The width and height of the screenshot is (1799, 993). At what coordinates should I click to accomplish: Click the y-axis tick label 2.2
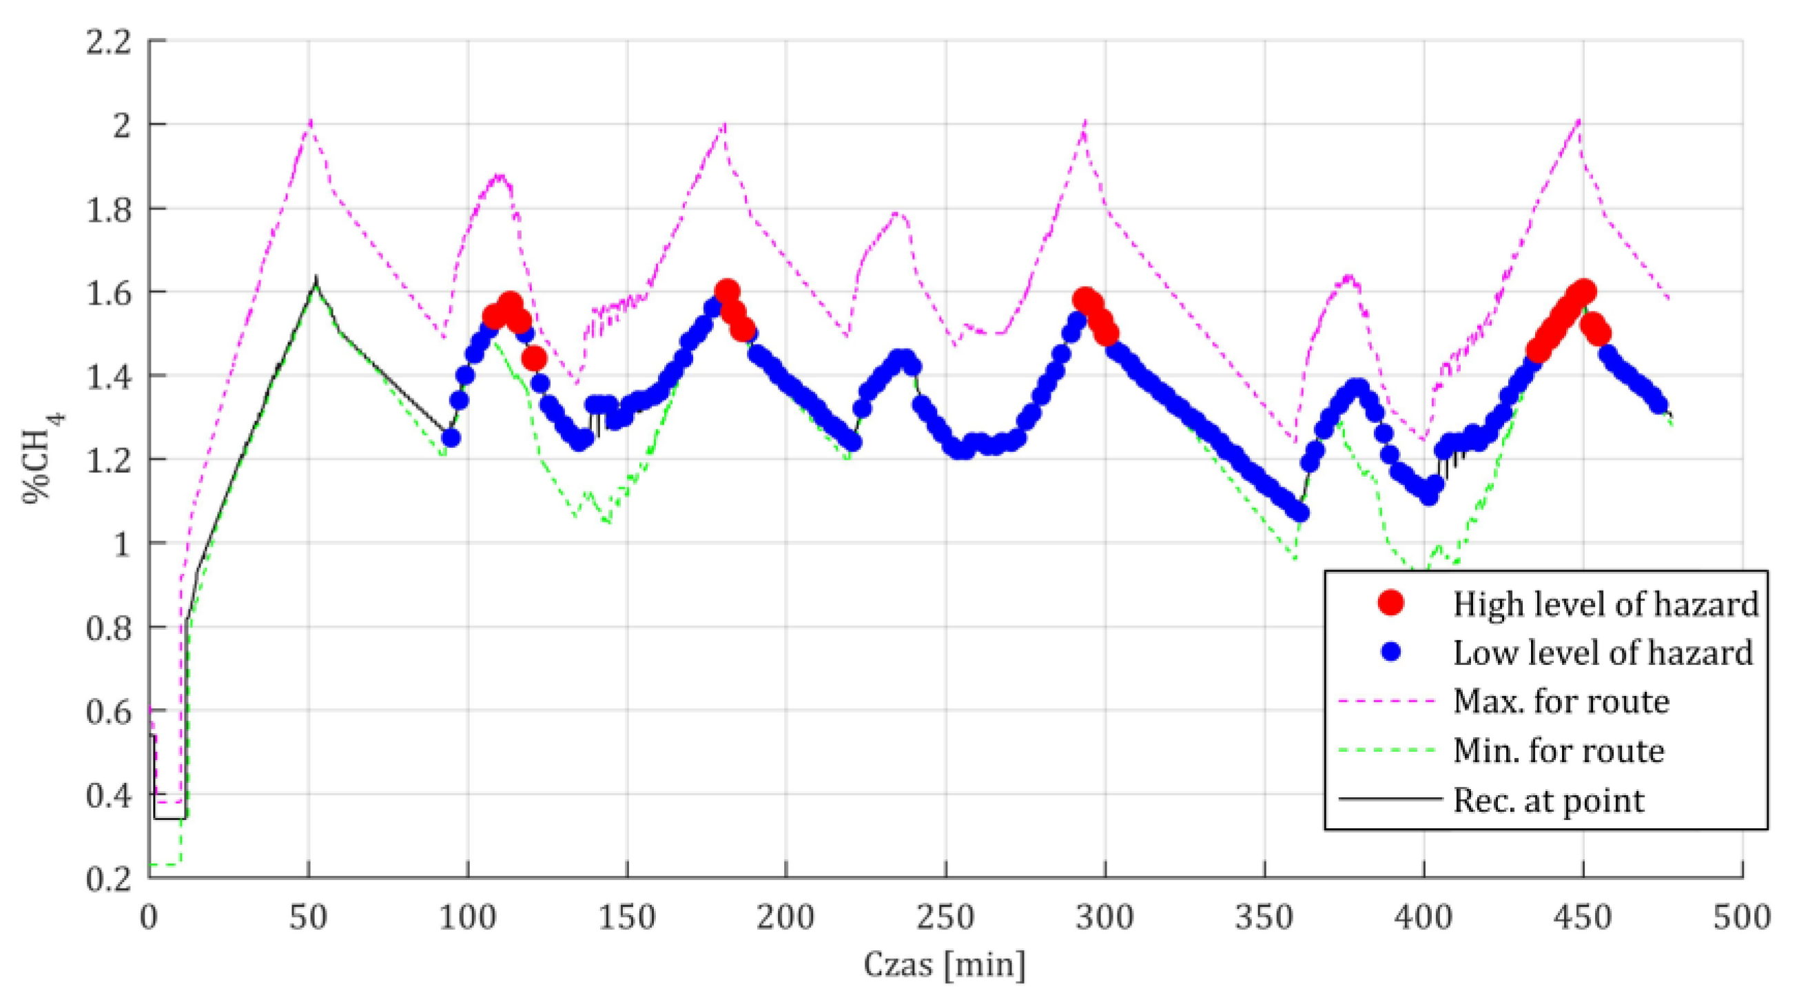click(107, 43)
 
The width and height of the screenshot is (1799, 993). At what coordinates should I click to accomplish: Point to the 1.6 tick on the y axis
click(107, 294)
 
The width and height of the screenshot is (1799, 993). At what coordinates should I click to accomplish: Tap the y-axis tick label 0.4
click(107, 796)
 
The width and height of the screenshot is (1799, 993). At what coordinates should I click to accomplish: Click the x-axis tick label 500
click(1742, 918)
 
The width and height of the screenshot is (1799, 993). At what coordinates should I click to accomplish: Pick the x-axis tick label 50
click(308, 918)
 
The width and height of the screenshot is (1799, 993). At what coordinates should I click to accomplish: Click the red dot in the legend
click(1390, 602)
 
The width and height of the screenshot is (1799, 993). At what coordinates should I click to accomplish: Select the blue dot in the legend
click(1390, 651)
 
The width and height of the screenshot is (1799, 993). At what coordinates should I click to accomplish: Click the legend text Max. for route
click(1561, 701)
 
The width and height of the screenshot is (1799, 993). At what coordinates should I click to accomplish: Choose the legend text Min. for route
click(1558, 750)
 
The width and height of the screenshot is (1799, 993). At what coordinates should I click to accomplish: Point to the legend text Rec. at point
click(1548, 800)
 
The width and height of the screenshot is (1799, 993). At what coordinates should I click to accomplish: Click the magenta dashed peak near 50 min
click(310, 120)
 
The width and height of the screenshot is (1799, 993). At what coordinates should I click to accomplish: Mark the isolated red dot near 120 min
click(534, 359)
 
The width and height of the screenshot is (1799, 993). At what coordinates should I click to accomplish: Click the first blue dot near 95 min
click(451, 438)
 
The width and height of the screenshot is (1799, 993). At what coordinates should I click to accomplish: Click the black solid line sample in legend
click(1390, 798)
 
